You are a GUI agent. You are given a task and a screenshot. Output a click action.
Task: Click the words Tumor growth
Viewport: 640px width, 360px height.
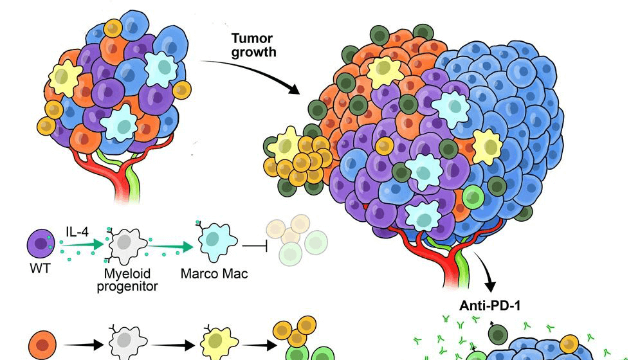253,46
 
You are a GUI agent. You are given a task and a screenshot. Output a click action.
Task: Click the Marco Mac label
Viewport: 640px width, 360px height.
214,273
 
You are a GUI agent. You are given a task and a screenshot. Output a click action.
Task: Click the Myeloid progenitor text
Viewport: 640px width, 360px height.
127,280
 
